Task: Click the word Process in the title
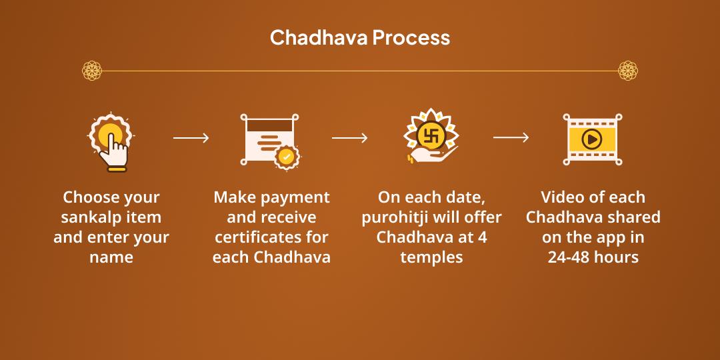(411, 37)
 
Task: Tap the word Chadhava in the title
(319, 37)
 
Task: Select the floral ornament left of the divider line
(92, 71)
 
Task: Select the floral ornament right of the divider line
(628, 71)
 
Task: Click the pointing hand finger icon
(111, 142)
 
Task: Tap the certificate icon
(269, 139)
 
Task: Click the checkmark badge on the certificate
(287, 157)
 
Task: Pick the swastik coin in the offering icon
(431, 136)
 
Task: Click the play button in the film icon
(593, 139)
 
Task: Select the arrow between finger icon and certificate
(191, 138)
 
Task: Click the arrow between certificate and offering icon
(350, 138)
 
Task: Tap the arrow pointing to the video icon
(511, 137)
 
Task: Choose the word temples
(431, 257)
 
